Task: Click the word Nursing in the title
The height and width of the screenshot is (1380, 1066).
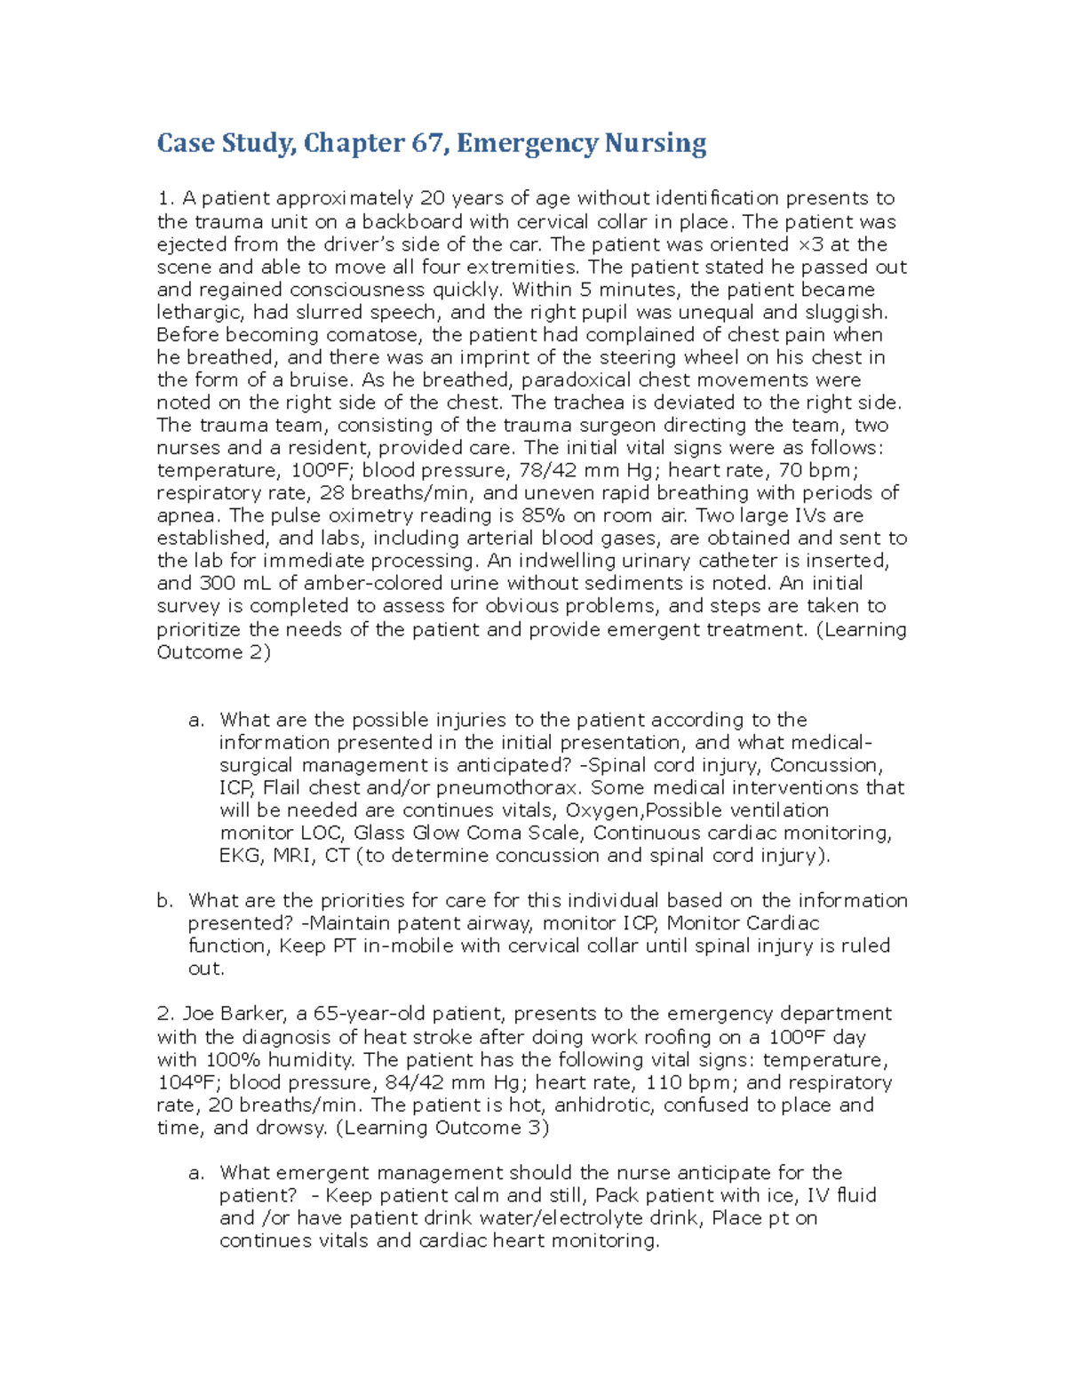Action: click(656, 143)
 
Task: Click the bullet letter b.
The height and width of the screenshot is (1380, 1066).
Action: click(164, 901)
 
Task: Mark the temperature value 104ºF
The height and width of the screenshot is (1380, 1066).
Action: click(191, 1082)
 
